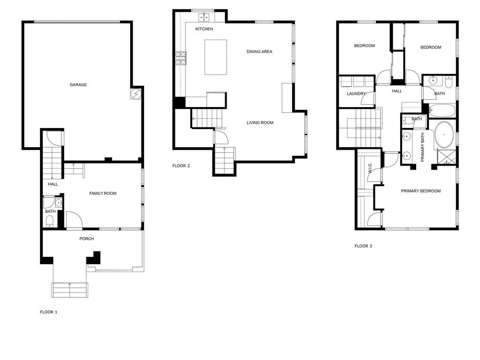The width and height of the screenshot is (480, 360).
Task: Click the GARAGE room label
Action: coord(78,85)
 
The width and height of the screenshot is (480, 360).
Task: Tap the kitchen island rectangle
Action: coord(216,57)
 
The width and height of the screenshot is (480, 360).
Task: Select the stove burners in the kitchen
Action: coord(181,58)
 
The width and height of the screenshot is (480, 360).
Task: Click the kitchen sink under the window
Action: coord(204,17)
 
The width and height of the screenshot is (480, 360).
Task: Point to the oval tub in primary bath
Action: coord(444,135)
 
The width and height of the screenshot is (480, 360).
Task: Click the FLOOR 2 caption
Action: coord(181,166)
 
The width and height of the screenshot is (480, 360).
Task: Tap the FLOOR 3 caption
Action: coord(363,246)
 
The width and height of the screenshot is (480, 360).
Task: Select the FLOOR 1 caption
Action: coord(48,312)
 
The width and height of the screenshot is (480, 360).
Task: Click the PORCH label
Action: coord(87,239)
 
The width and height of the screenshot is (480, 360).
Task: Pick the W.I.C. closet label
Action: coord(370,169)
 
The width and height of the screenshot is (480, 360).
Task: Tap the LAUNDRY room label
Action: coord(356,94)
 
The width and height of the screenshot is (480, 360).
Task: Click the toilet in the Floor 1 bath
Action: coord(50,222)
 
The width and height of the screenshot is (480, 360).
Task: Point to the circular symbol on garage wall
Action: coord(135,94)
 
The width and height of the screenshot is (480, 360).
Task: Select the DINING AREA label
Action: coord(259,52)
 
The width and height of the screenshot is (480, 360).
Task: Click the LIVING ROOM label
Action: coord(260,123)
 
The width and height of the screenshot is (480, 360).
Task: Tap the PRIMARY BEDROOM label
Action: coord(421,191)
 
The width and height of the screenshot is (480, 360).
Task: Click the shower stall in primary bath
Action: coord(447,158)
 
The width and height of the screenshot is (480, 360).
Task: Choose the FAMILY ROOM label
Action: coord(103,193)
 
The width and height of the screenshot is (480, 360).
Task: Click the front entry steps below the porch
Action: coord(70,290)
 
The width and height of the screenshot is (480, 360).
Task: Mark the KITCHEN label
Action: coord(204,29)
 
